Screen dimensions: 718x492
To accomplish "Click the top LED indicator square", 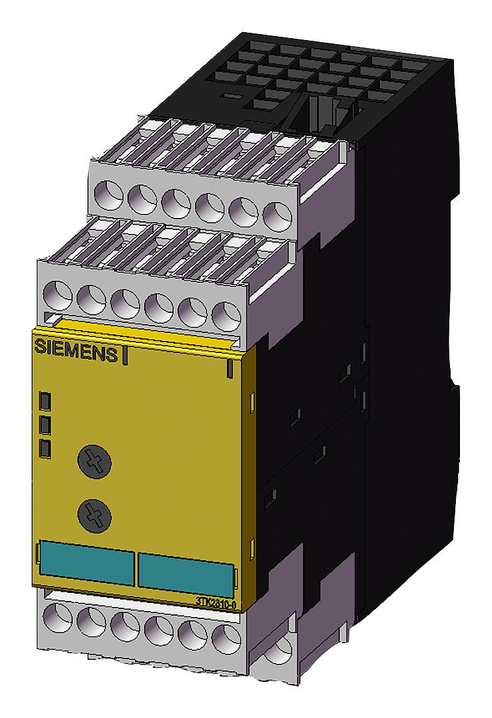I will tap(45, 401).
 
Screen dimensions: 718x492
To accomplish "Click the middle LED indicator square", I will tap(45, 425).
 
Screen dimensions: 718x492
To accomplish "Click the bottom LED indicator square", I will tap(45, 447).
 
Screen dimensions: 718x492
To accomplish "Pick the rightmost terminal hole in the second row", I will tap(226, 314).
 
